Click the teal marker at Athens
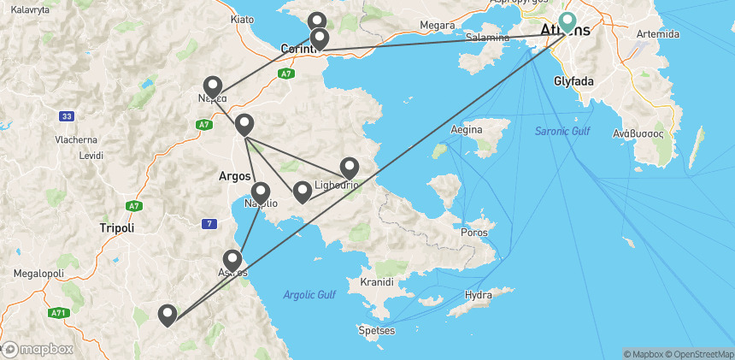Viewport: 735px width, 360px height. [x=567, y=21]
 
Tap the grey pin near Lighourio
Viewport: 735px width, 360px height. [x=349, y=168]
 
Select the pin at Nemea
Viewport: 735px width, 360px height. [x=212, y=87]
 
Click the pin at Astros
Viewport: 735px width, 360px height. [x=232, y=260]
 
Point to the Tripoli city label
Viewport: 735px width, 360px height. [x=116, y=228]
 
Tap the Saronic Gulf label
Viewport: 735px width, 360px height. [x=562, y=131]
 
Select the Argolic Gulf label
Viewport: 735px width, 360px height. [x=309, y=295]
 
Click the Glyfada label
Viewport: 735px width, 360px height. [x=573, y=81]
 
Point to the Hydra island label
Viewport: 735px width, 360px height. [x=479, y=295]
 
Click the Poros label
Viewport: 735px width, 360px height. [x=473, y=233]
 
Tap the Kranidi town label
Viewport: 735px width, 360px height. [x=376, y=281]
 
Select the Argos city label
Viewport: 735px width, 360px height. [x=234, y=175]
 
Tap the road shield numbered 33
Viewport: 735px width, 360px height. [x=67, y=116]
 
